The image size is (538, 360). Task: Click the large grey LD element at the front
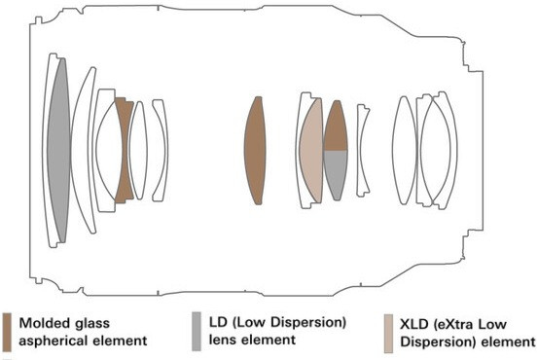point(58,150)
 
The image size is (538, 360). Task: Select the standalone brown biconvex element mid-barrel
point(255,150)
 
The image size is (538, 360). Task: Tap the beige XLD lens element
point(311,150)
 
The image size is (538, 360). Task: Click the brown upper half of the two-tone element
point(336,127)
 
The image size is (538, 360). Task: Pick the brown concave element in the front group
point(125,150)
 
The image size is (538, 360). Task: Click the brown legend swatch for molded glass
point(7,332)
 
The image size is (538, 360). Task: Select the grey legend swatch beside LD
point(197,332)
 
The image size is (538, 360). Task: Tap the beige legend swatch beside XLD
point(388,334)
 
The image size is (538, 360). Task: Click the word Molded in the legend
point(42,323)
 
